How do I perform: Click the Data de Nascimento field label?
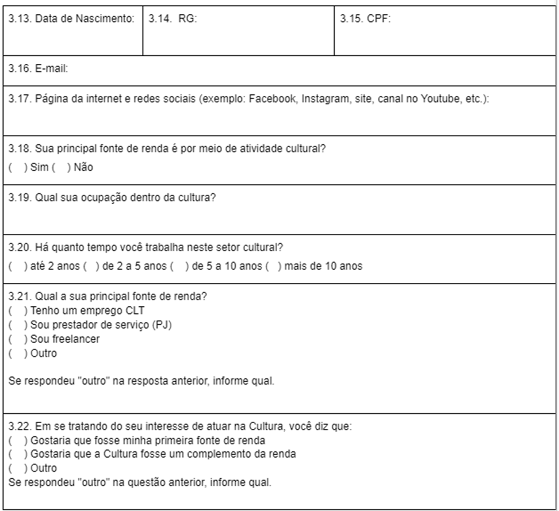(x=71, y=19)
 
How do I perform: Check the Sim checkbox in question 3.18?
(x=14, y=167)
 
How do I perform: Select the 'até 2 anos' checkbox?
(x=14, y=267)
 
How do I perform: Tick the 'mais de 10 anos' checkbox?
(x=271, y=267)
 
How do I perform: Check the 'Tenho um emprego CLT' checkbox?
(x=14, y=311)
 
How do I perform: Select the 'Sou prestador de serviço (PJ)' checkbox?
(x=14, y=325)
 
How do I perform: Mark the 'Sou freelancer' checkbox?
(x=14, y=339)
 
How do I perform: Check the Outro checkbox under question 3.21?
(x=14, y=354)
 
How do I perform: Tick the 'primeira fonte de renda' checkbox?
(x=14, y=440)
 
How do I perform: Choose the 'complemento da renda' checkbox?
(x=14, y=454)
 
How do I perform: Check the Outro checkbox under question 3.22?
(x=14, y=468)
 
